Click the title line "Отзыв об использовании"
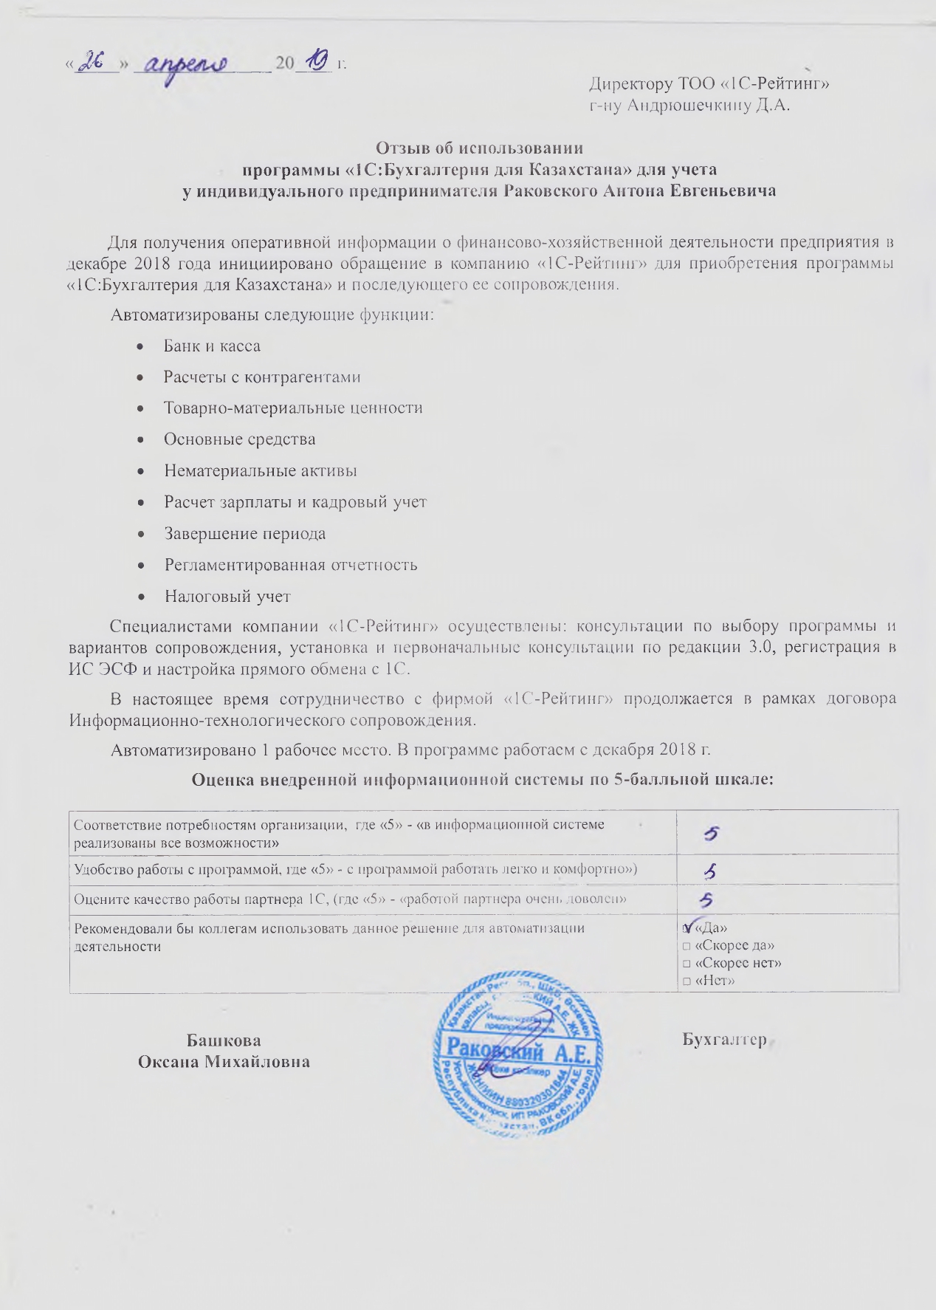(479, 148)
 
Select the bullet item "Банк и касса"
(212, 346)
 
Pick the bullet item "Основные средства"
(239, 439)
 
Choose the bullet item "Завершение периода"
(244, 533)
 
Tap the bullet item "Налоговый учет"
(227, 596)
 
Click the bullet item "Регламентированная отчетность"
(290, 565)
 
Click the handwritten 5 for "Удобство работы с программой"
(710, 872)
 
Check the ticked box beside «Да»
(688, 927)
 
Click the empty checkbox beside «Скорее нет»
(686, 964)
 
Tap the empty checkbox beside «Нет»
(686, 981)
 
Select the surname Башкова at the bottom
(224, 1040)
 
